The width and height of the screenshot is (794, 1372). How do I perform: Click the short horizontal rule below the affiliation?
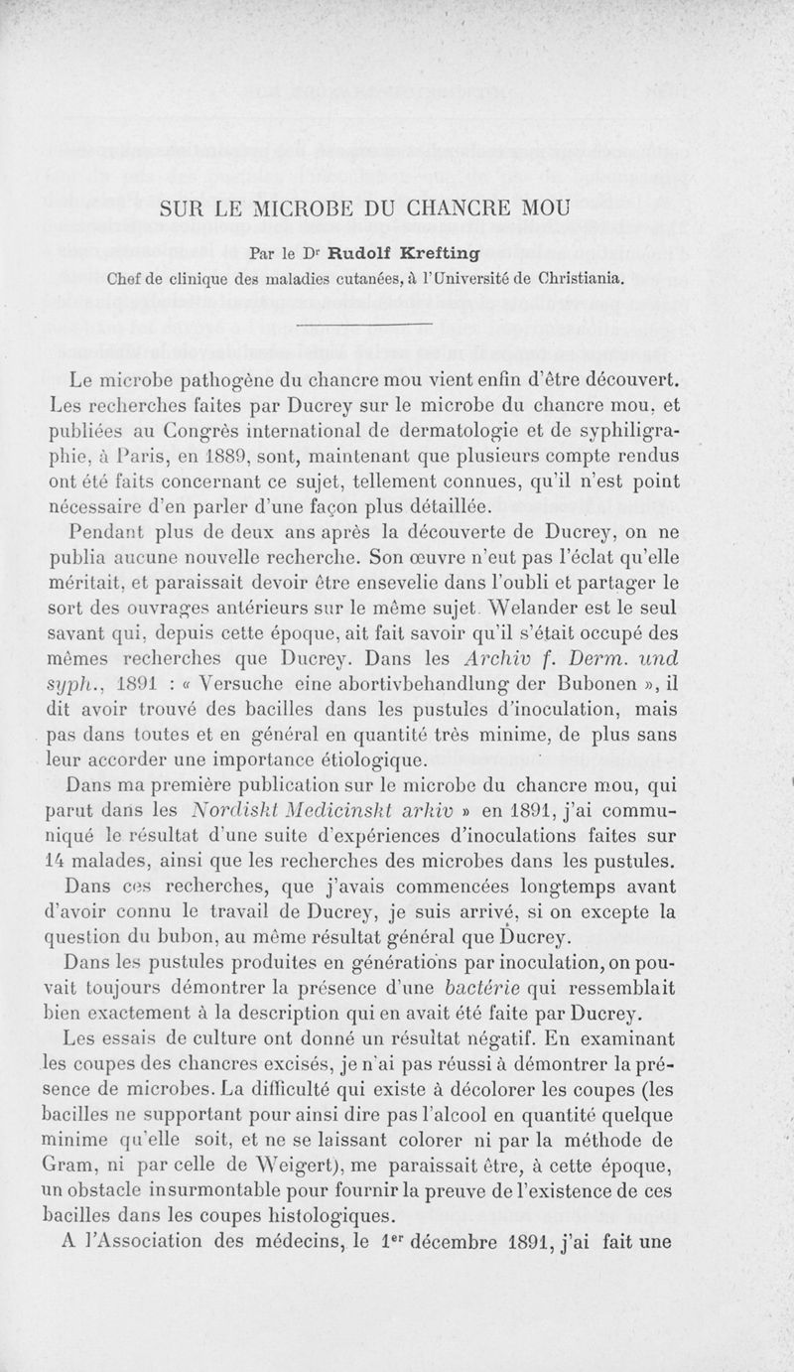[363, 325]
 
